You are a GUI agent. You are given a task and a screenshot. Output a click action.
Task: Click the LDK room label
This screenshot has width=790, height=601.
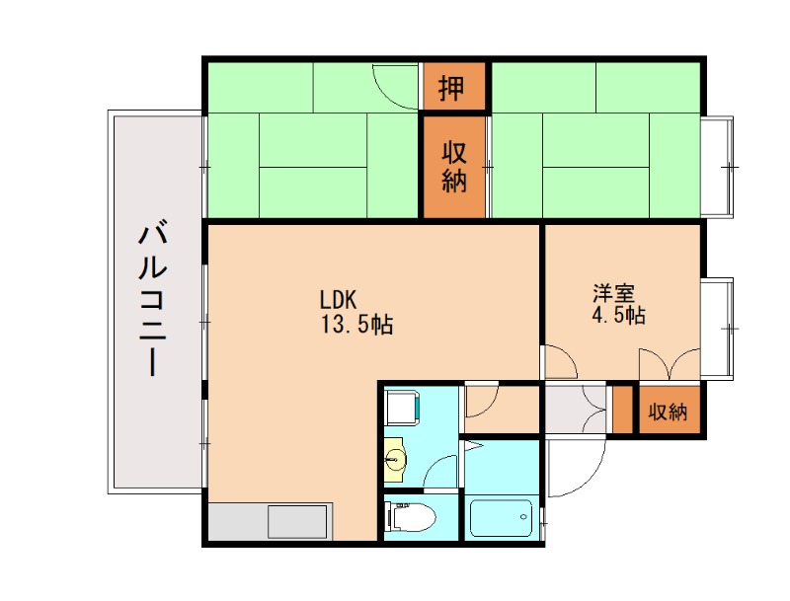coord(344,299)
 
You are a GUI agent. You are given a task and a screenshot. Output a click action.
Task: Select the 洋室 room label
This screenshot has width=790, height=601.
coord(613,293)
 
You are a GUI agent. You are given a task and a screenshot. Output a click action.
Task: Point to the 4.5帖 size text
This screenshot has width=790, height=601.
coord(620,316)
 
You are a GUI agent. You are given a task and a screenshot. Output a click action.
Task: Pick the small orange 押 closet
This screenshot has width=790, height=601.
coord(453,88)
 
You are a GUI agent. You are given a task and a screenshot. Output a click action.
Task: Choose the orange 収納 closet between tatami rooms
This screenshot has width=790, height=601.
coord(454,167)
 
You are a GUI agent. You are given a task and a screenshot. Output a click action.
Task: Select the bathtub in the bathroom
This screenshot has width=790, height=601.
coord(500,517)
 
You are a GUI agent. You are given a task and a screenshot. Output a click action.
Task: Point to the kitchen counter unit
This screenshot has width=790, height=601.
coord(270,521)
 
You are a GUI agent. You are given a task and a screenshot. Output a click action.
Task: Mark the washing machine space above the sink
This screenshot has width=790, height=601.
coord(404,406)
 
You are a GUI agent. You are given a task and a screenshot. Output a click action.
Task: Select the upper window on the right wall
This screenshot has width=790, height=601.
coord(719,166)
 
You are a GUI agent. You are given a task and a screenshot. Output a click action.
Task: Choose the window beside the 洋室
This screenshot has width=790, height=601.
coord(719,327)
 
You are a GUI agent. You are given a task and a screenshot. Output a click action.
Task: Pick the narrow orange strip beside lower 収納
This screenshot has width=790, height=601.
coord(621,412)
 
